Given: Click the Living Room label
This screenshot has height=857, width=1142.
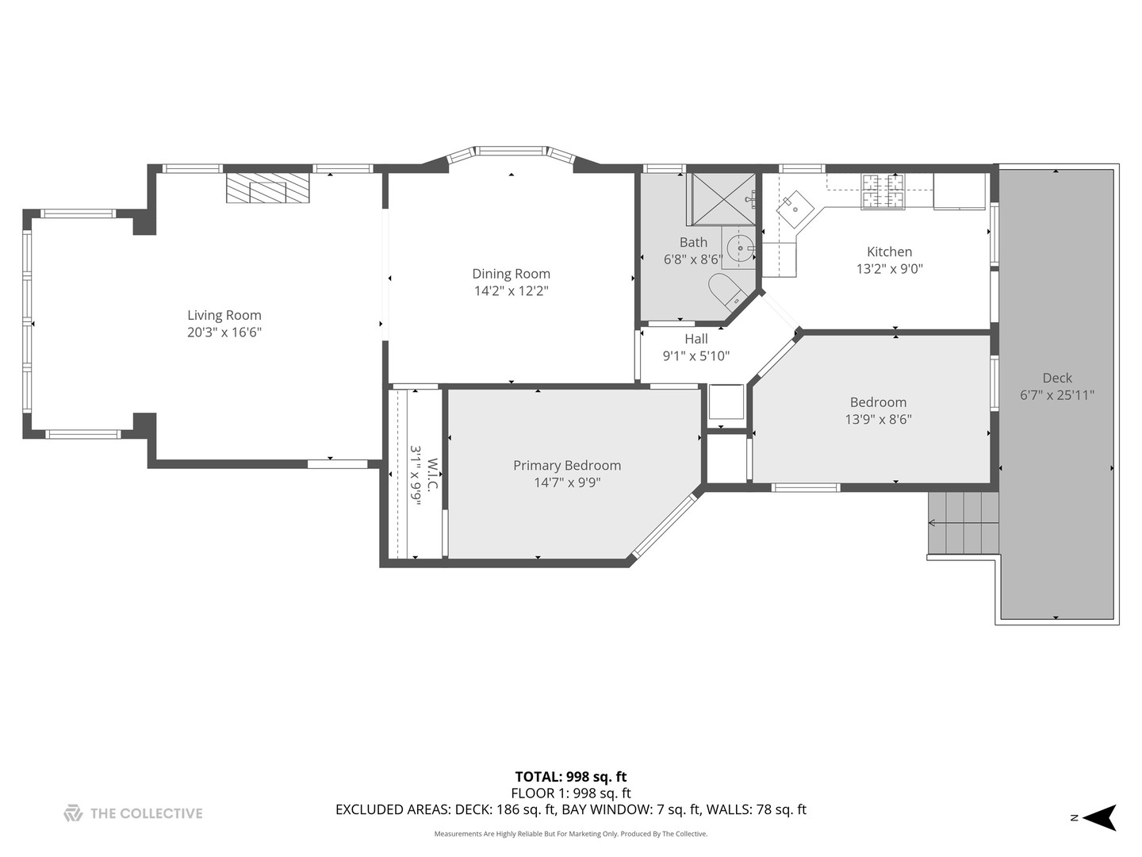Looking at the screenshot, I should (224, 315).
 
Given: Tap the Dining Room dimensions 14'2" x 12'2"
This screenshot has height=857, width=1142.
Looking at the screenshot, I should (511, 291).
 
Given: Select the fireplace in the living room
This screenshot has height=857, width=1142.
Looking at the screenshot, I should (267, 188).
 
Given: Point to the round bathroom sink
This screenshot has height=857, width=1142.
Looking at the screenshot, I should (739, 248).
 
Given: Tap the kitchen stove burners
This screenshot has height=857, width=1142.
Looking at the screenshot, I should (883, 191).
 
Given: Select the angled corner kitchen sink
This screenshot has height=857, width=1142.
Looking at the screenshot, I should (795, 209).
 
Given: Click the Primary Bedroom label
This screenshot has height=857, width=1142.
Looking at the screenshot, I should (566, 466).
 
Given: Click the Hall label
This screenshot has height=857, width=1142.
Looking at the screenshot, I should (696, 339).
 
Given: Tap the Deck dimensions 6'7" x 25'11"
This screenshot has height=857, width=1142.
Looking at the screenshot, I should (1056, 395).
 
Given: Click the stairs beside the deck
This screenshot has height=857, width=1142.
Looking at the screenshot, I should (963, 523).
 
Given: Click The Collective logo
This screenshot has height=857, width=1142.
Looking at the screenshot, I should (133, 813).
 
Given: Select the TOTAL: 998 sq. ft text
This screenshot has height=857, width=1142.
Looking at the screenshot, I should (570, 777).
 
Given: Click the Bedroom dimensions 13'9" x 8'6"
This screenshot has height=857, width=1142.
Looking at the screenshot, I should (878, 420).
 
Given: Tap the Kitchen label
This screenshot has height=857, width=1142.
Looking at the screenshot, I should (889, 252).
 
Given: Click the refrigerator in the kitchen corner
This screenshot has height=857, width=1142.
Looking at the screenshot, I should (959, 191).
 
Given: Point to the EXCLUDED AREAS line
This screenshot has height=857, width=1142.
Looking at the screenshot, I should (570, 810).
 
